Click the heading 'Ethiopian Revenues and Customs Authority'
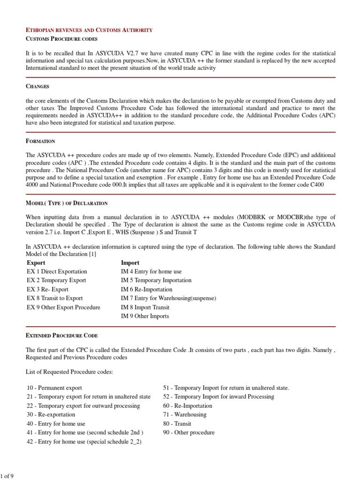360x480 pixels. point(89,30)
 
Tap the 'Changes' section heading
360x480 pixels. point(37,87)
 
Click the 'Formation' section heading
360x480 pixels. point(41,141)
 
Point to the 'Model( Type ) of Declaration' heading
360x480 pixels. point(67,203)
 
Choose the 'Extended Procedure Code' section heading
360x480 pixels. point(62,336)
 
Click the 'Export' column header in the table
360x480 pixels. point(36,263)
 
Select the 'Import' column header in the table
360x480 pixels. point(130,263)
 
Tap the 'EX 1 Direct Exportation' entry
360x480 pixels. point(57,272)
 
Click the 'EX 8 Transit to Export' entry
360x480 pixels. point(55,299)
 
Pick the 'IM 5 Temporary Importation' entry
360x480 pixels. point(156,281)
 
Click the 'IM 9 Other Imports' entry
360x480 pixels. point(145,316)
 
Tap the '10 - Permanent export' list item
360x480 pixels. point(54,388)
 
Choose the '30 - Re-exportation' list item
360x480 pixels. point(51,415)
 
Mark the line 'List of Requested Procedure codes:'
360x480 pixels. point(69,372)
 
